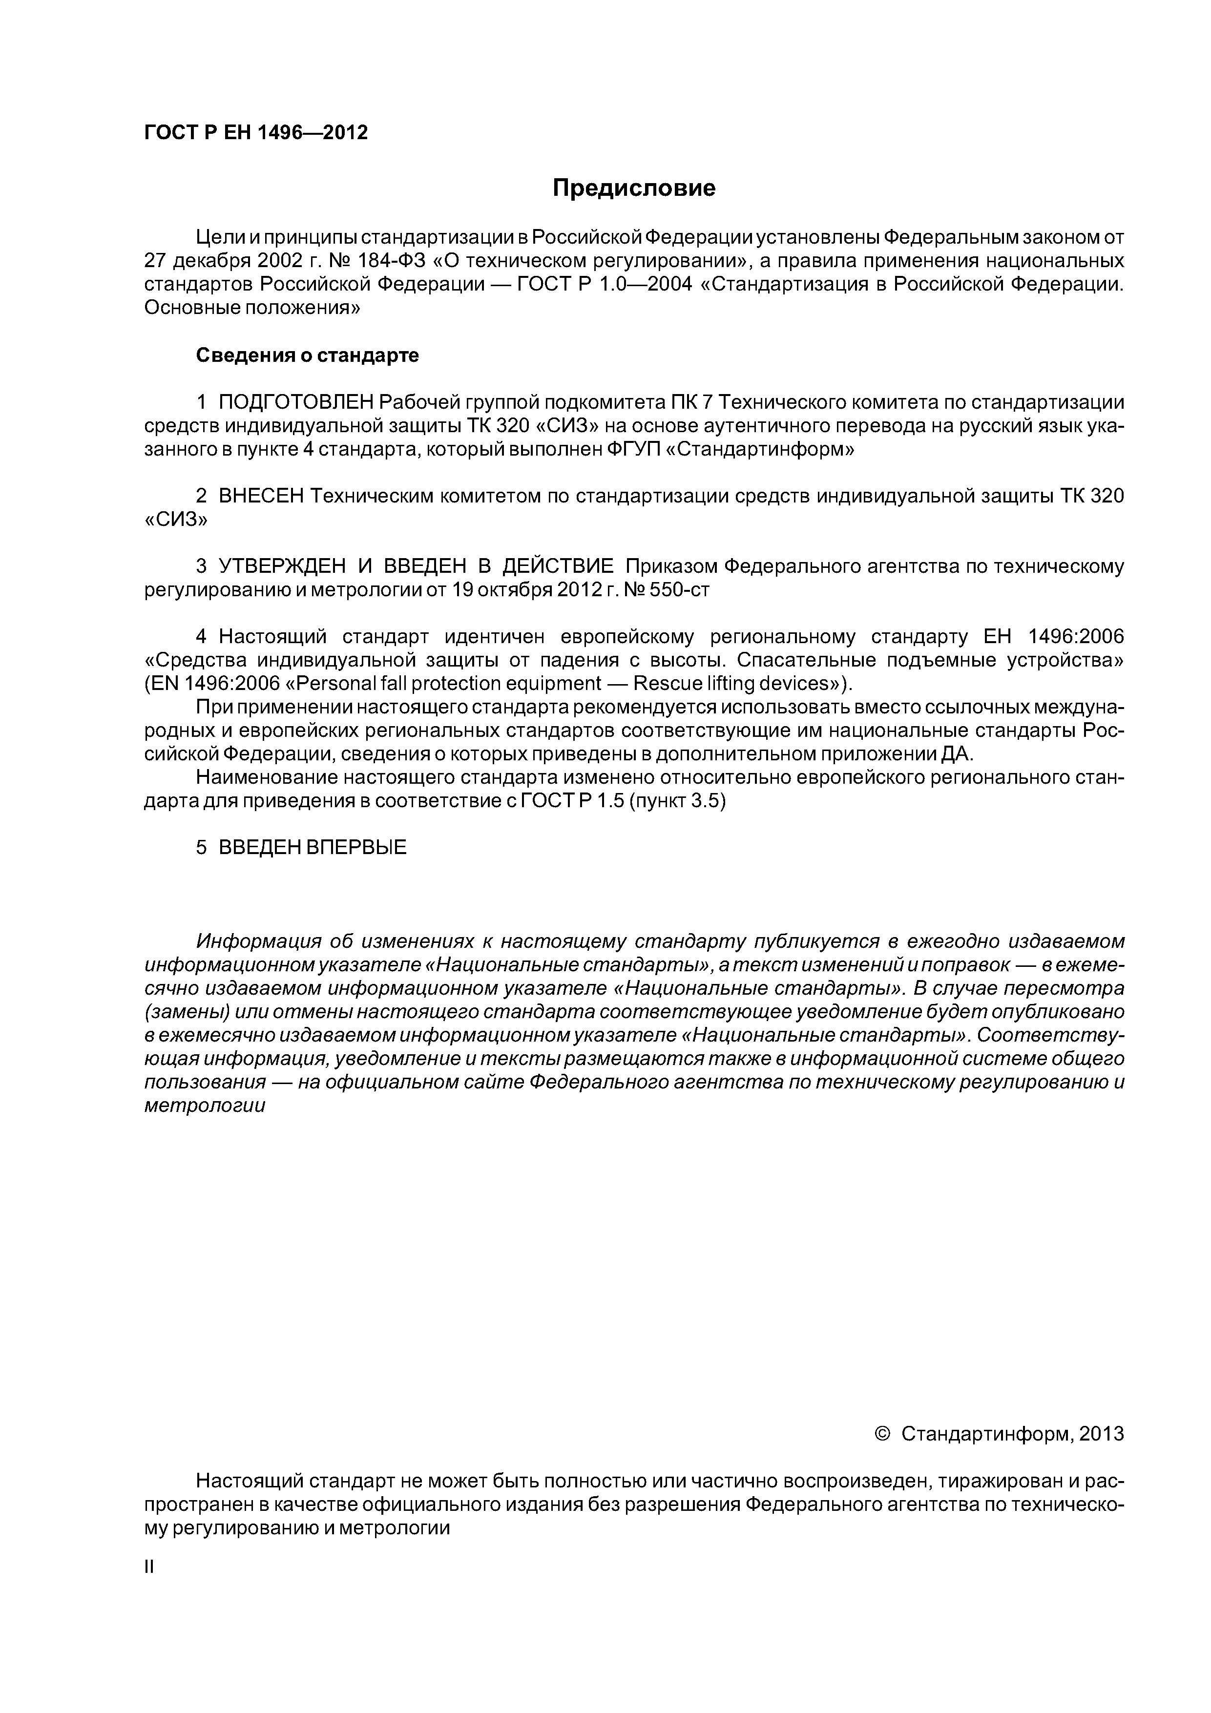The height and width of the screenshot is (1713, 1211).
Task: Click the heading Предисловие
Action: point(633,188)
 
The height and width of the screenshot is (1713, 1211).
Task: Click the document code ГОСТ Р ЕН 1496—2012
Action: point(256,133)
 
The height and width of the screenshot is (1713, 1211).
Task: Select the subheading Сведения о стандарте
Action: point(308,356)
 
